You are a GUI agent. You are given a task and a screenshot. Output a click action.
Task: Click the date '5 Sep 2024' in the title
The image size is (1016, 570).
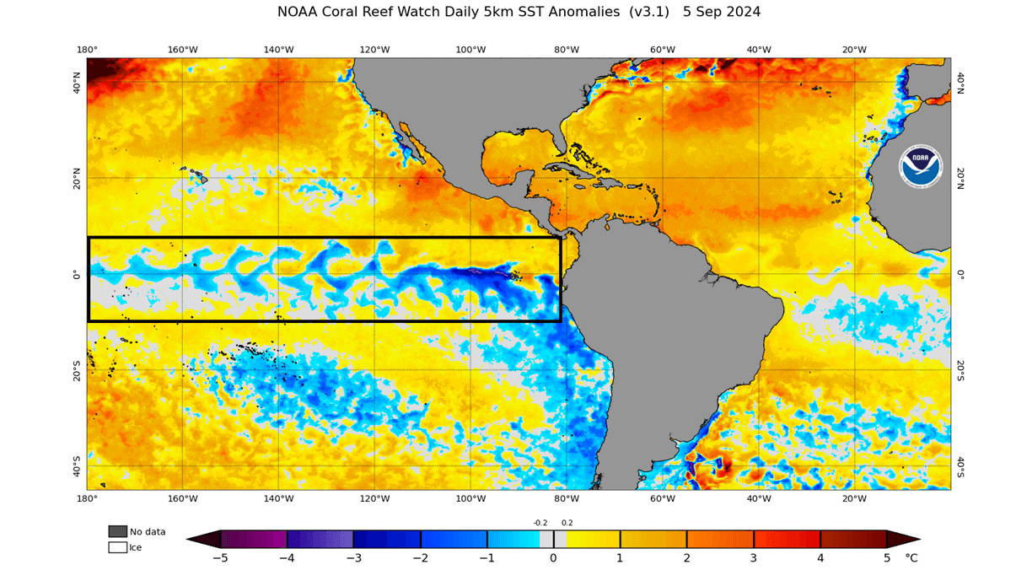722,12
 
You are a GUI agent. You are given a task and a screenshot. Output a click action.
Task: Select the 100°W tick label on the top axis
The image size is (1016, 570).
470,50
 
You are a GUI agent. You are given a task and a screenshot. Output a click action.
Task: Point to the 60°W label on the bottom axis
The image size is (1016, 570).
663,498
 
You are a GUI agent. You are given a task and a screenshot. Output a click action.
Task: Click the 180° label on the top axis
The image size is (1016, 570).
87,50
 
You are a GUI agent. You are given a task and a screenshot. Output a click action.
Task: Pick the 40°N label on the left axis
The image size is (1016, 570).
77,82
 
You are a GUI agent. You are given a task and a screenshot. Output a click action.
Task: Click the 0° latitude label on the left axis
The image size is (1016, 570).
77,274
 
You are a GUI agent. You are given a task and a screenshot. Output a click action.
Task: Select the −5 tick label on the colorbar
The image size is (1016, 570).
220,558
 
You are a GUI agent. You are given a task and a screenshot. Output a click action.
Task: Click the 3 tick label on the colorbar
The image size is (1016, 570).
753,558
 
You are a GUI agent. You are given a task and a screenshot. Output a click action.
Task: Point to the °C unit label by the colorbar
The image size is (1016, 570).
911,558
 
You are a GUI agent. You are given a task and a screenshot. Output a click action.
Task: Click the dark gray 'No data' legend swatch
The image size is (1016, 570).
117,531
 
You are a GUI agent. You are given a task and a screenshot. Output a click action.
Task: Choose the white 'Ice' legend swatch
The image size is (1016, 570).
117,547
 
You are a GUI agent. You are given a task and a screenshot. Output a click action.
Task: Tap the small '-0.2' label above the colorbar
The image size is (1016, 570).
540,523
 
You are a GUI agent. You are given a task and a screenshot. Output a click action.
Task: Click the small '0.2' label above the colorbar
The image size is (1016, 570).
567,523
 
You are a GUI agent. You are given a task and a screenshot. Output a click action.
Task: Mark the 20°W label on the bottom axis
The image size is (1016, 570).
854,498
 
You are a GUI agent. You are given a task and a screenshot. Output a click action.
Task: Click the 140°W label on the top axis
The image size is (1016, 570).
278,50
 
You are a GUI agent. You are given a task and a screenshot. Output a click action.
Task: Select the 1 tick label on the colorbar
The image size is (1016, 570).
620,558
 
